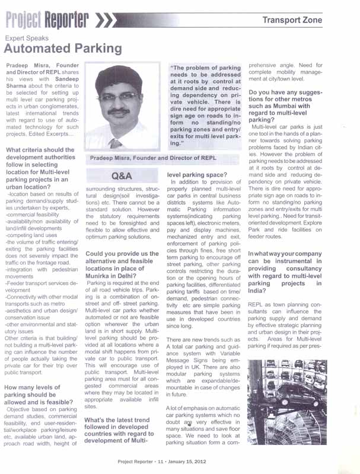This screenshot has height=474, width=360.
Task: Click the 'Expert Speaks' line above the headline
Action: pyautogui.click(x=26, y=37)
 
